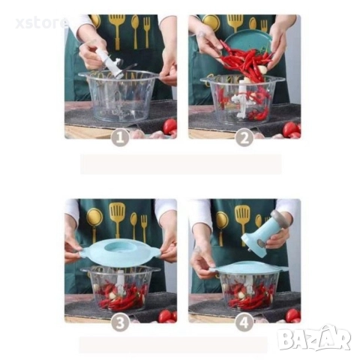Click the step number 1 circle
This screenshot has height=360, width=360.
(x=120, y=138)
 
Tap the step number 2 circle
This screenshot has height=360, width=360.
(x=244, y=138)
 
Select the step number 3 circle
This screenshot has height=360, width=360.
(x=120, y=322)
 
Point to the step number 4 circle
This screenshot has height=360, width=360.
(x=244, y=322)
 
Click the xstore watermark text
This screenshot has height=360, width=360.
(x=42, y=23)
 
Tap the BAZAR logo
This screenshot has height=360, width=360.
(x=314, y=337)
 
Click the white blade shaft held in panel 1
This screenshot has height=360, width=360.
(x=109, y=62)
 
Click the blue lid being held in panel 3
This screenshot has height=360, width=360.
(x=121, y=253)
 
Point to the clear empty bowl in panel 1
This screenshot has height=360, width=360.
(x=121, y=97)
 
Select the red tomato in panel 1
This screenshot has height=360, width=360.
(x=170, y=126)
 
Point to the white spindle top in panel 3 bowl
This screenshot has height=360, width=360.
(x=121, y=277)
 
